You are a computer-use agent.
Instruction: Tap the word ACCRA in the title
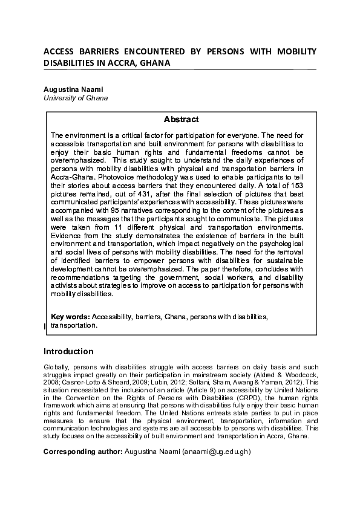click(x=119, y=63)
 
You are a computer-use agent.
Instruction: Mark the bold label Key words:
click(x=70, y=317)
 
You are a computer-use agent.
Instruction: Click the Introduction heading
click(x=68, y=352)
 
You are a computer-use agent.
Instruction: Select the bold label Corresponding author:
click(x=82, y=452)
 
